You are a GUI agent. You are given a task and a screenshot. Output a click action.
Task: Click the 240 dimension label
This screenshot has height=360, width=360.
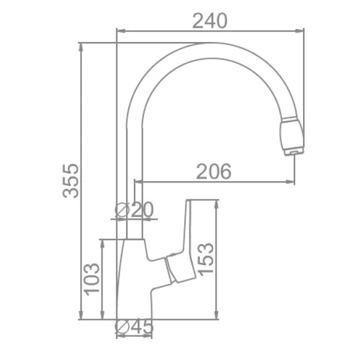pyautogui.click(x=210, y=21)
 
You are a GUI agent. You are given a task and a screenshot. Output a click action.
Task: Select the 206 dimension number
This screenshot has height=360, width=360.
pyautogui.click(x=214, y=172)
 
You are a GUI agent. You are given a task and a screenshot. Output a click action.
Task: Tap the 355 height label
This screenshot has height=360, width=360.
pyautogui.click(x=70, y=181)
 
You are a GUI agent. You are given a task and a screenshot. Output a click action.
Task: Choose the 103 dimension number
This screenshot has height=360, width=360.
pyautogui.click(x=92, y=279)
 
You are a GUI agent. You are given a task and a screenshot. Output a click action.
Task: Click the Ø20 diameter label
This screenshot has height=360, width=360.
pyautogui.click(x=134, y=209)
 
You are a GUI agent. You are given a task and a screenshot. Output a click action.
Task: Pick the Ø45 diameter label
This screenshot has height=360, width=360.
pyautogui.click(x=134, y=327)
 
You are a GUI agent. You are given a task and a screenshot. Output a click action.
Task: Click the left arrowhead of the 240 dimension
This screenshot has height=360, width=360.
pyautogui.click(x=121, y=31)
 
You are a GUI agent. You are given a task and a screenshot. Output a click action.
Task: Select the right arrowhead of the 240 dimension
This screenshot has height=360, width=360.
pyautogui.click(x=299, y=31)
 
